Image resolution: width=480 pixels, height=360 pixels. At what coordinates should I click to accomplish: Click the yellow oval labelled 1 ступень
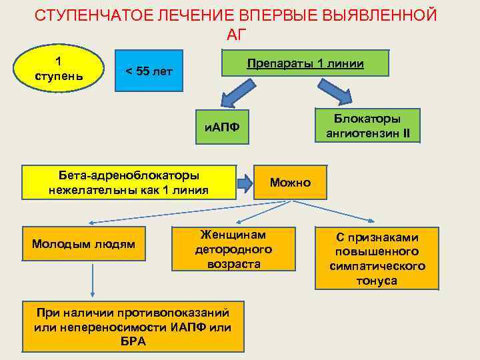click(x=59, y=67)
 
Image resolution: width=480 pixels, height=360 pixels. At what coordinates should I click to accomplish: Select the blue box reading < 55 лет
click(x=144, y=71)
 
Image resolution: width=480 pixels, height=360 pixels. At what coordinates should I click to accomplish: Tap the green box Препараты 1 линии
click(x=305, y=64)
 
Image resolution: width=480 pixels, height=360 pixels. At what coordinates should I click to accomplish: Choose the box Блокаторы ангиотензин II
click(x=368, y=126)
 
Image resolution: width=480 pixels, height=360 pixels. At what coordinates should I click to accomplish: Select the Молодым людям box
click(x=83, y=244)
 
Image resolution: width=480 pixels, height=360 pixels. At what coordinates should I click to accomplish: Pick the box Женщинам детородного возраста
click(x=233, y=249)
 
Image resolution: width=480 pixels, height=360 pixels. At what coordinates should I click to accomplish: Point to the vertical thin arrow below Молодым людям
click(x=93, y=280)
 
